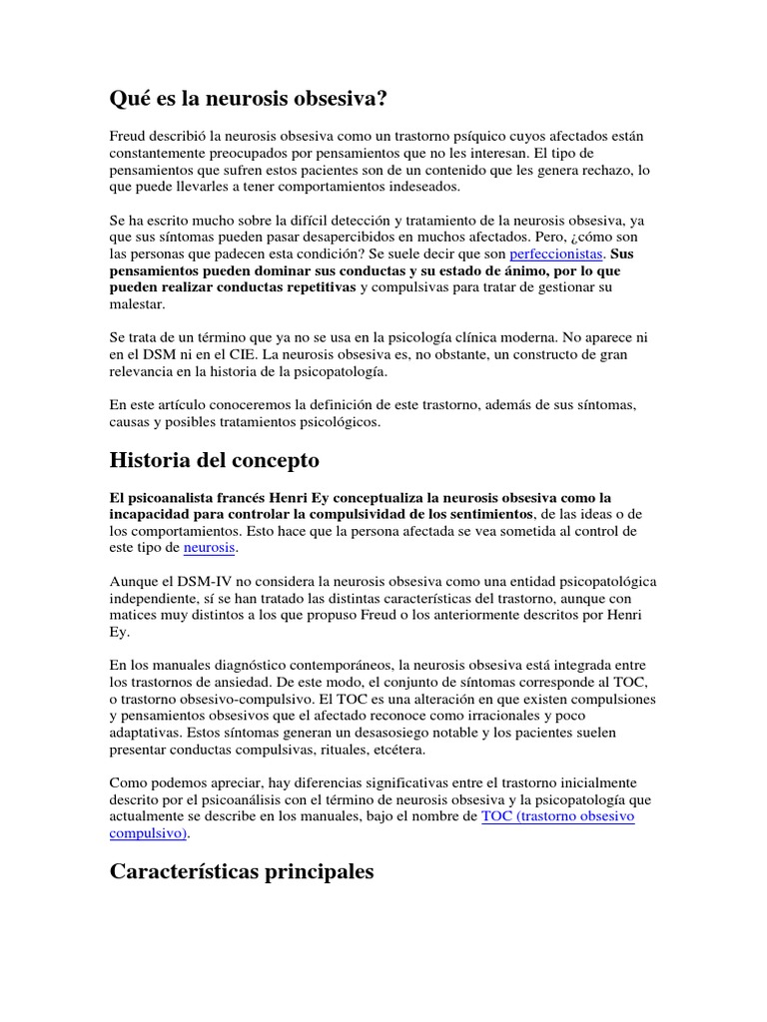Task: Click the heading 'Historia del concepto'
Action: [214, 460]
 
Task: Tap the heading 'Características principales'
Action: [242, 871]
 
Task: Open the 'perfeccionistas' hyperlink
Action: [556, 255]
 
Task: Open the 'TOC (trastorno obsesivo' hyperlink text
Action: [557, 815]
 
